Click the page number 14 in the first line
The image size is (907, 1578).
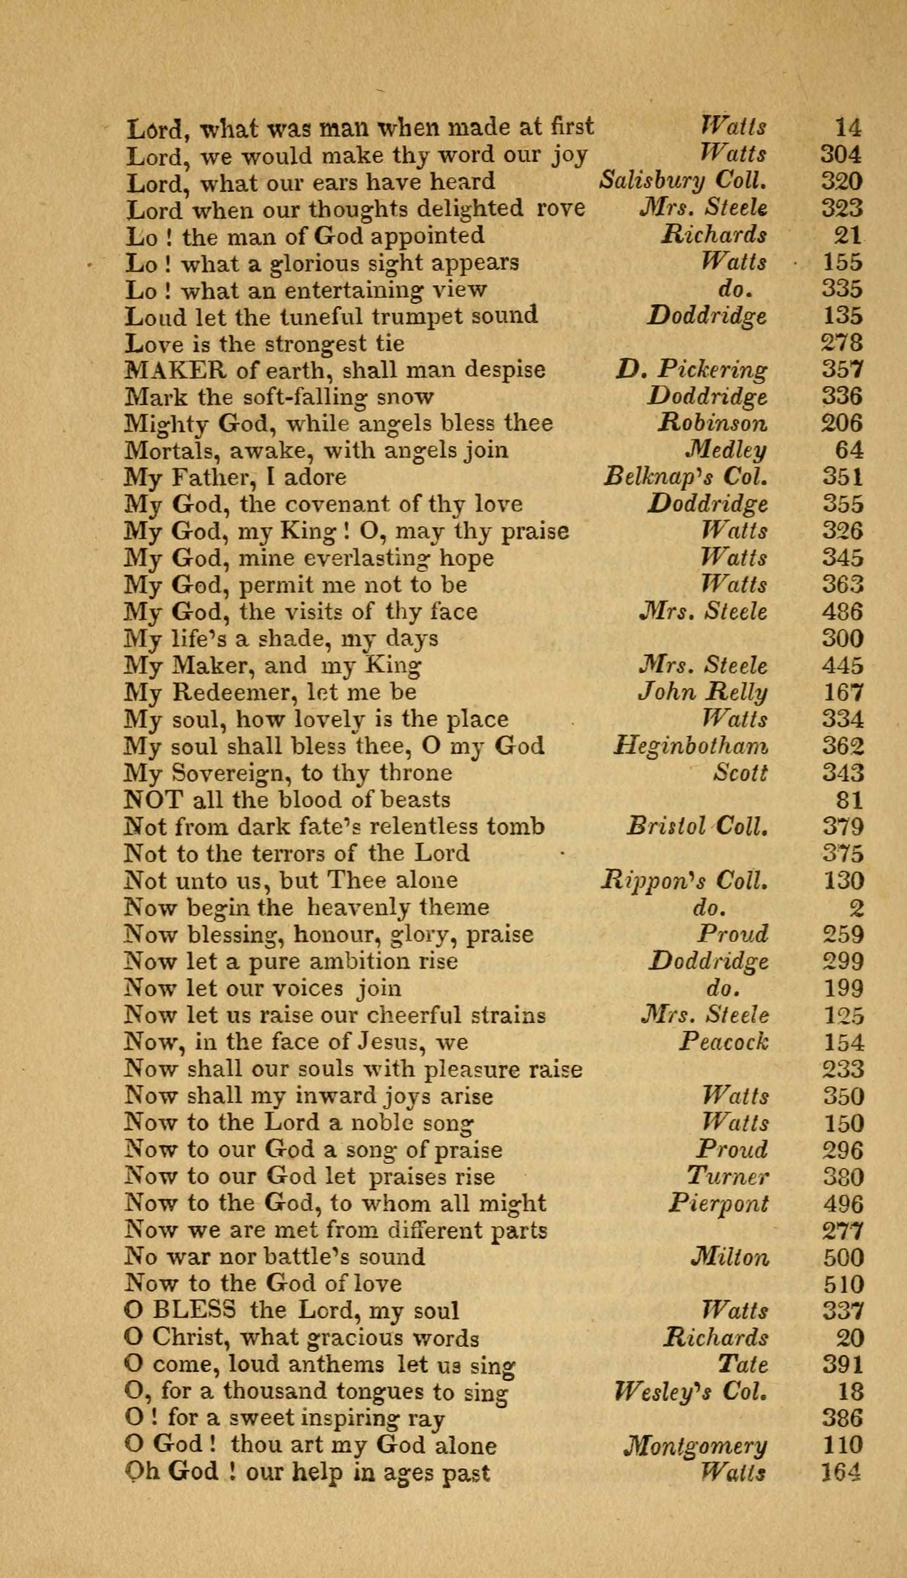[848, 128]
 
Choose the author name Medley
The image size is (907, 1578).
[726, 450]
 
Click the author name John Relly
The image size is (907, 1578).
[703, 692]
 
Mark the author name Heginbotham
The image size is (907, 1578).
[690, 746]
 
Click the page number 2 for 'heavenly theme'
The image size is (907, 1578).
[857, 907]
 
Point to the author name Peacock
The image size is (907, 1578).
[724, 1042]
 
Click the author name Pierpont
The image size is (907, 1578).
[718, 1203]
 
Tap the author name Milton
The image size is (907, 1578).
[730, 1256]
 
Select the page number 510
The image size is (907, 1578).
[843, 1284]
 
